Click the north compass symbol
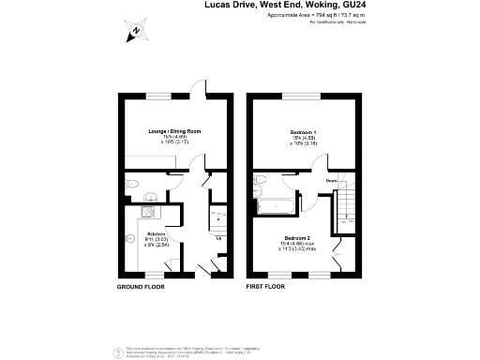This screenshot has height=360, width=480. [135, 32]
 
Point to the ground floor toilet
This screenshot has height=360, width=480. [132, 183]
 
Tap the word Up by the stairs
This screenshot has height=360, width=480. [219, 236]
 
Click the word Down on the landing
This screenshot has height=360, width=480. [332, 180]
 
